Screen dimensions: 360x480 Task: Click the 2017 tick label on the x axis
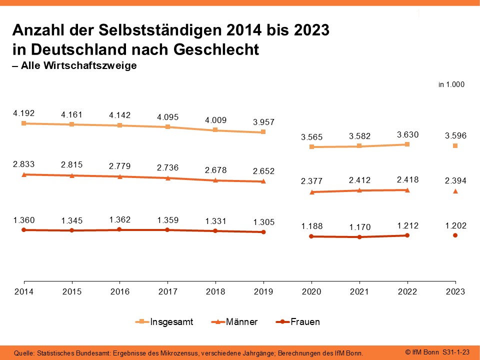pos(167,292)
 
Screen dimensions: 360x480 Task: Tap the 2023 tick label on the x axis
pos(455,292)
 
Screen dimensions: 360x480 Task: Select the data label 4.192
pos(23,113)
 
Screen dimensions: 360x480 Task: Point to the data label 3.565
pos(311,137)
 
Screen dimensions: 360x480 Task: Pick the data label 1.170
pos(359,227)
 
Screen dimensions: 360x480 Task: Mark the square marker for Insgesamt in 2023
pos(455,145)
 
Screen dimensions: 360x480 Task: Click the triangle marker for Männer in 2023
pos(455,191)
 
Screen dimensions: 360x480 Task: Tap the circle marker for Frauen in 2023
pos(455,235)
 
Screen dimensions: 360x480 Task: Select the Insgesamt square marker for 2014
pos(23,123)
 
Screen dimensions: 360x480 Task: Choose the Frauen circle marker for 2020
pos(311,236)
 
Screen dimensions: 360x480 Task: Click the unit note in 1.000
pos(451,85)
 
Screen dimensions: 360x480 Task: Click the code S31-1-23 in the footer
pos(456,352)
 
